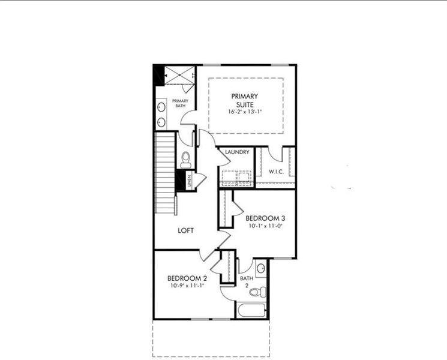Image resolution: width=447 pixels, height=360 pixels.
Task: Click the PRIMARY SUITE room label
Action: point(245,100)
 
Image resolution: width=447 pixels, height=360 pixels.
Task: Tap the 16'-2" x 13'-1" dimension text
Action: point(245,112)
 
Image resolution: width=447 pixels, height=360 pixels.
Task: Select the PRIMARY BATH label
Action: point(180,103)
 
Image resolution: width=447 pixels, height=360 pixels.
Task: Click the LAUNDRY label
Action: point(237,152)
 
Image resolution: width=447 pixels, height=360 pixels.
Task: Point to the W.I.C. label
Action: point(276,172)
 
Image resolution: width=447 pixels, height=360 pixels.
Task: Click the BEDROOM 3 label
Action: point(265,218)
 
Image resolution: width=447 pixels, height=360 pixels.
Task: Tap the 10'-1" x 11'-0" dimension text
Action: point(265,227)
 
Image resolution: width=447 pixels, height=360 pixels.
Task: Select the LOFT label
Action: point(186,230)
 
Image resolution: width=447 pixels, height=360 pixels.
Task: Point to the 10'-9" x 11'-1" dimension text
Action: point(187,286)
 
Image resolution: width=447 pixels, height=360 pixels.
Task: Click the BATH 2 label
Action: point(246,281)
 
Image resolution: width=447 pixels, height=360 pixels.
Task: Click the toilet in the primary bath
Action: point(185,160)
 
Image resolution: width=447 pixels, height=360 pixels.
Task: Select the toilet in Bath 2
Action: point(257,293)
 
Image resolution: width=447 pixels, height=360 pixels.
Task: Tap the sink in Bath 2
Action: point(262,268)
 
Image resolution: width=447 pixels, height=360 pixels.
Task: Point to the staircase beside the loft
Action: point(165,174)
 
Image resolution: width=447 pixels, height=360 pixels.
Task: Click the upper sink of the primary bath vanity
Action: point(161,108)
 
